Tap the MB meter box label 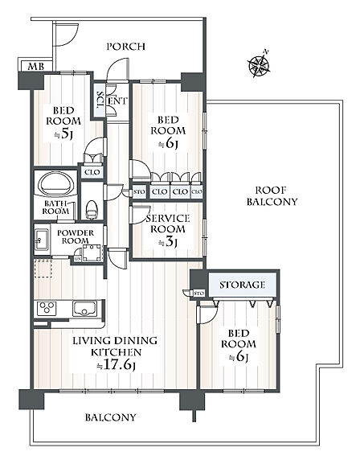(36, 66)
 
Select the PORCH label (125, 47)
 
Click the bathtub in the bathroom (56, 184)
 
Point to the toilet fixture (92, 208)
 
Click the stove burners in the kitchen (47, 308)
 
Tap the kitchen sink (84, 308)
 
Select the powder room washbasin (42, 240)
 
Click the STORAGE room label (242, 285)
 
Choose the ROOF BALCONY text (272, 195)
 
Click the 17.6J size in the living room (117, 365)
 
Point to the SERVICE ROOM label (168, 224)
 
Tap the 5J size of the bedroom (63, 134)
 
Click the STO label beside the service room (139, 192)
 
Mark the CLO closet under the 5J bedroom (92, 172)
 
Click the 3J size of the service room (168, 242)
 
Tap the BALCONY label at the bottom (111, 417)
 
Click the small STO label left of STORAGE (199, 294)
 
